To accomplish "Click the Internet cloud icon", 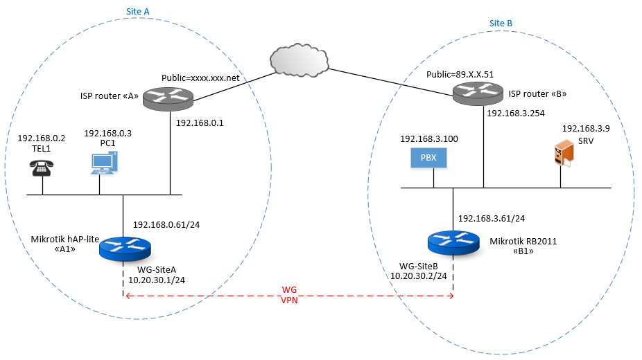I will pos(299,60).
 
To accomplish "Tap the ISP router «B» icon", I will pos(478,92).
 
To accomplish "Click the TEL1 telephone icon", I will pos(42,168).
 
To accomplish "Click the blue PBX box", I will pos(428,159).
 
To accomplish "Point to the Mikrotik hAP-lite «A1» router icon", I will pos(125,248).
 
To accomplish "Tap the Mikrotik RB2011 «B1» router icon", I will pos(453,242).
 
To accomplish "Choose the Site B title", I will pos(501,23).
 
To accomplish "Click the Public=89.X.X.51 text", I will pos(460,74).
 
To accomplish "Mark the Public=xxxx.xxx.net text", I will pos(200,78).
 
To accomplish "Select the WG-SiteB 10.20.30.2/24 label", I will pos(419,270).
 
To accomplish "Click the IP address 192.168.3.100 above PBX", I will pos(428,139).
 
